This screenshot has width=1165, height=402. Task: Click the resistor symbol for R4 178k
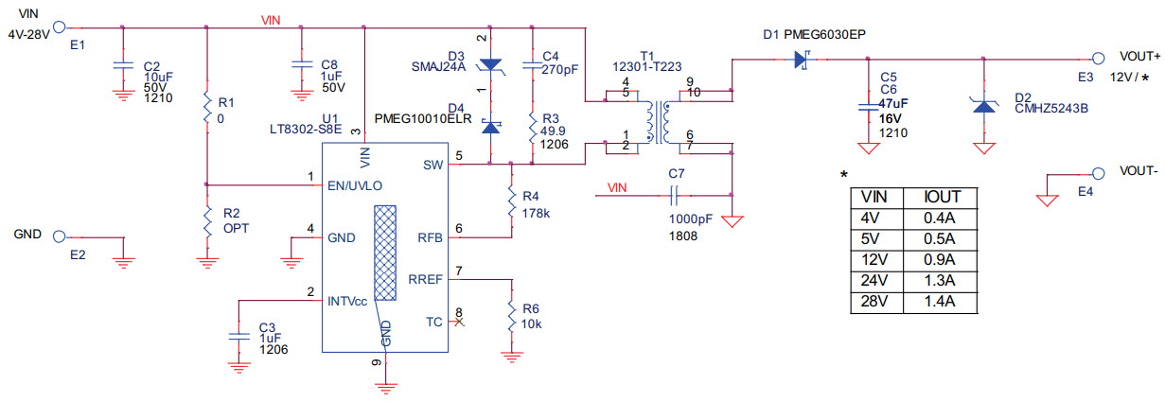tap(511, 201)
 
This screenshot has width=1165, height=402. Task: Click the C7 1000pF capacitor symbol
tap(675, 196)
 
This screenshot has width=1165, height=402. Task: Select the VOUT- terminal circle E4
tap(1099, 174)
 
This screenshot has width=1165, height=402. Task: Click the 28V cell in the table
tap(874, 302)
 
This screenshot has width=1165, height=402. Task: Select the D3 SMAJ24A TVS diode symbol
tap(490, 64)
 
